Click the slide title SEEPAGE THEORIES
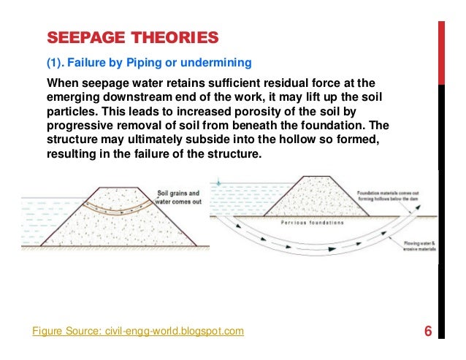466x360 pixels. pos(132,37)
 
